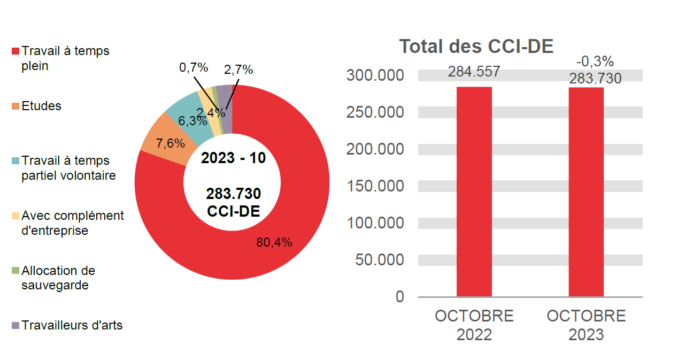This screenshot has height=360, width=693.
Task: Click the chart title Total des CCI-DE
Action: [x=476, y=47]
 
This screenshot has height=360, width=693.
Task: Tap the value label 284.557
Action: [x=474, y=72]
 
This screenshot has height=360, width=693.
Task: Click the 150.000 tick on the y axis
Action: [x=375, y=186]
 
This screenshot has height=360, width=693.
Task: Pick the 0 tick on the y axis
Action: [x=400, y=296]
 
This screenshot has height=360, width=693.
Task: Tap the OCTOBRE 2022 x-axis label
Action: [x=474, y=325]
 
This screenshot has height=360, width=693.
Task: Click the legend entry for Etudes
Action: [x=41, y=106]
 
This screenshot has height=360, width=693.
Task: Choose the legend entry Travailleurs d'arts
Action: [x=72, y=325]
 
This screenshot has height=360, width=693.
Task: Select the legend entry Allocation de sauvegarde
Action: [x=58, y=278]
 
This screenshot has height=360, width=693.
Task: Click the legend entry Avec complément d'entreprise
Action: [x=72, y=223]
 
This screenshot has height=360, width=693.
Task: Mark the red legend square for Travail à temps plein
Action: [x=16, y=51]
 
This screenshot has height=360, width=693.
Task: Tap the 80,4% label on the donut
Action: [x=274, y=242]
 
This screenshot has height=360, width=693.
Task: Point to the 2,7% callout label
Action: [x=238, y=70]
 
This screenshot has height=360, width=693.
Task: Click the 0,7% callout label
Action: [x=193, y=67]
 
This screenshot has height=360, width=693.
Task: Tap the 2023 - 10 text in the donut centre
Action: [x=233, y=158]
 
